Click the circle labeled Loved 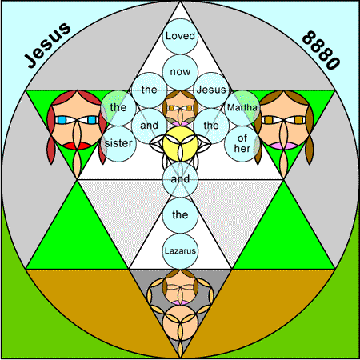coord(180,36)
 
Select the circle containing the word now coord(180,72)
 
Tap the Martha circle coord(242,108)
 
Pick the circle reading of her coord(242,144)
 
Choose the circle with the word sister coord(118,144)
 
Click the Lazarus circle coord(180,251)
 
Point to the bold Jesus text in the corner coord(48,46)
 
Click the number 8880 coord(321,50)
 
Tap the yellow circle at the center coord(180,144)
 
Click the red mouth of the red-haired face coord(77,146)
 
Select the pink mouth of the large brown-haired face coord(284,146)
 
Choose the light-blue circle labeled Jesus coord(211,90)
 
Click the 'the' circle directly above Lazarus coord(180,215)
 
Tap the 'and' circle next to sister coord(150,126)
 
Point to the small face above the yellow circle coord(180,108)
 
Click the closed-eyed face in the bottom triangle coord(180,287)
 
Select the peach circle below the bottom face coord(180,323)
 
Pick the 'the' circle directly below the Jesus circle coord(211,126)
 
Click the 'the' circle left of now coord(150,90)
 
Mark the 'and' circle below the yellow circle coord(180,179)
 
